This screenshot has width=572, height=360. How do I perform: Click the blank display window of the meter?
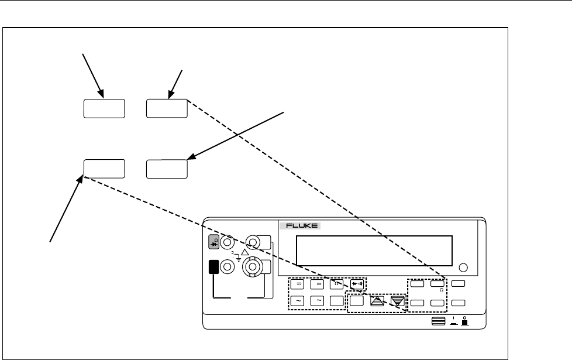(x=374, y=251)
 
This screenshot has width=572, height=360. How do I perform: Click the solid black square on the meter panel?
(x=212, y=268)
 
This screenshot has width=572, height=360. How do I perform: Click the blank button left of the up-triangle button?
(x=357, y=301)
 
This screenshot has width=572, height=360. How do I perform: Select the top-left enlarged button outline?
(x=104, y=109)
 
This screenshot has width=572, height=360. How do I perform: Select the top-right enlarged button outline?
(x=167, y=109)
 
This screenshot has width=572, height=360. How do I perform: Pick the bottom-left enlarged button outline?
(x=104, y=168)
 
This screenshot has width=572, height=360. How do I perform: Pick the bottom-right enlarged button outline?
(x=167, y=168)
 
